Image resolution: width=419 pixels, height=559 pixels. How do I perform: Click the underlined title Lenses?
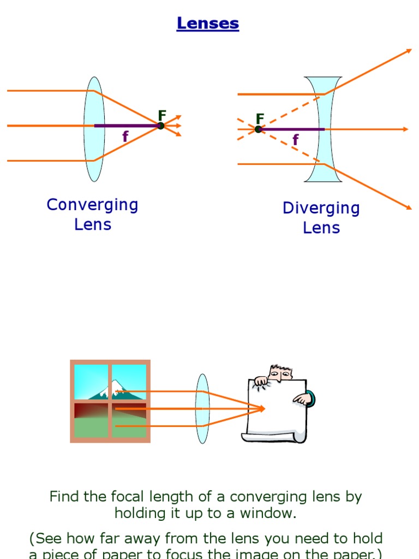[208, 23]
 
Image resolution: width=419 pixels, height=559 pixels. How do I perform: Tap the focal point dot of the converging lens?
[160, 126]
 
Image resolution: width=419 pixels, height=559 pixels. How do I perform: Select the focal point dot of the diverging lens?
[259, 129]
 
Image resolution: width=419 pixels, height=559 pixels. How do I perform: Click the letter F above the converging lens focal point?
[162, 115]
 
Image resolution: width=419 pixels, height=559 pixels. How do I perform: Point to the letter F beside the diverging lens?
[260, 119]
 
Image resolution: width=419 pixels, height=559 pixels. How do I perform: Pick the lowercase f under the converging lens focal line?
[125, 136]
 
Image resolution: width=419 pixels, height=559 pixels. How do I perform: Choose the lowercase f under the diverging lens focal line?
[295, 140]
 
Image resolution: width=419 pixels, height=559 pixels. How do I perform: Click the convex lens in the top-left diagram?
[94, 129]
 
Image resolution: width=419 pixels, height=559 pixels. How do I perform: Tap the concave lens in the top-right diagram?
[323, 129]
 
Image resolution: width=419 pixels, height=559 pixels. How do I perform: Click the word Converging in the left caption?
[92, 205]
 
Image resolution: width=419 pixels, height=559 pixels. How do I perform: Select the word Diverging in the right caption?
[321, 208]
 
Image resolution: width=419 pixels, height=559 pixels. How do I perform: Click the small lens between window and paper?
[202, 408]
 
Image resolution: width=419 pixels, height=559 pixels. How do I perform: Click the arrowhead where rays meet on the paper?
[262, 408]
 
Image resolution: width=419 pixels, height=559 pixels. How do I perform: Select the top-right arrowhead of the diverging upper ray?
[408, 51]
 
